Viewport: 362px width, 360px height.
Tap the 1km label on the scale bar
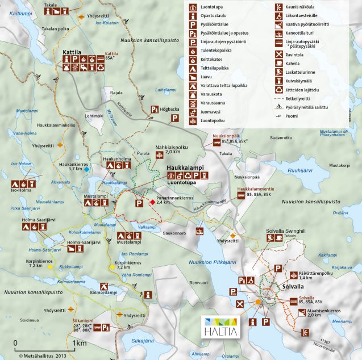coord(79,344)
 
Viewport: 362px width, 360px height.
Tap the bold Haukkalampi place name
coord(186,169)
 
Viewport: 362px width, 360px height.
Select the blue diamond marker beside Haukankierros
coord(86,169)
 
